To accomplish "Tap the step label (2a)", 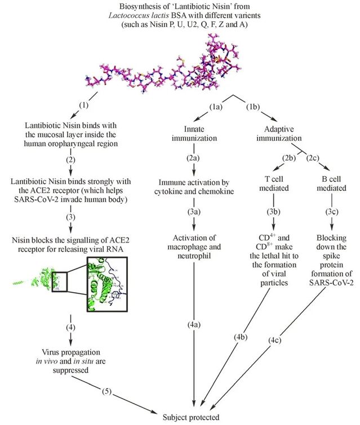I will (194, 159).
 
